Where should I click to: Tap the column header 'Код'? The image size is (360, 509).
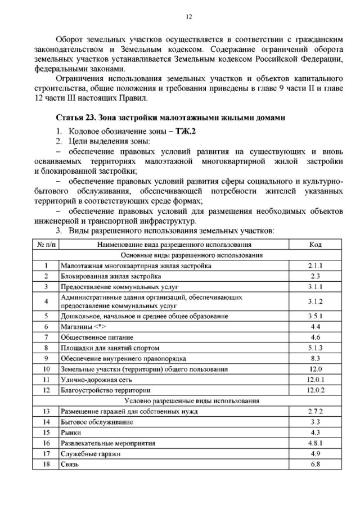[x=316, y=244]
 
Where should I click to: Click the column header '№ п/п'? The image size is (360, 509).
[x=46, y=244]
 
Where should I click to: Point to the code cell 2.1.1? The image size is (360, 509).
[x=316, y=265]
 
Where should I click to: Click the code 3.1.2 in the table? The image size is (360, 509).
[x=316, y=301]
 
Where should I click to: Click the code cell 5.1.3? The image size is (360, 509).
[x=316, y=348]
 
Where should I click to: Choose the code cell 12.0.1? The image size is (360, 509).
[x=316, y=380]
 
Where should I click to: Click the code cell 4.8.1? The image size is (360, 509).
[x=316, y=443]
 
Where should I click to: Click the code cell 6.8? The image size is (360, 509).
[x=316, y=465]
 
